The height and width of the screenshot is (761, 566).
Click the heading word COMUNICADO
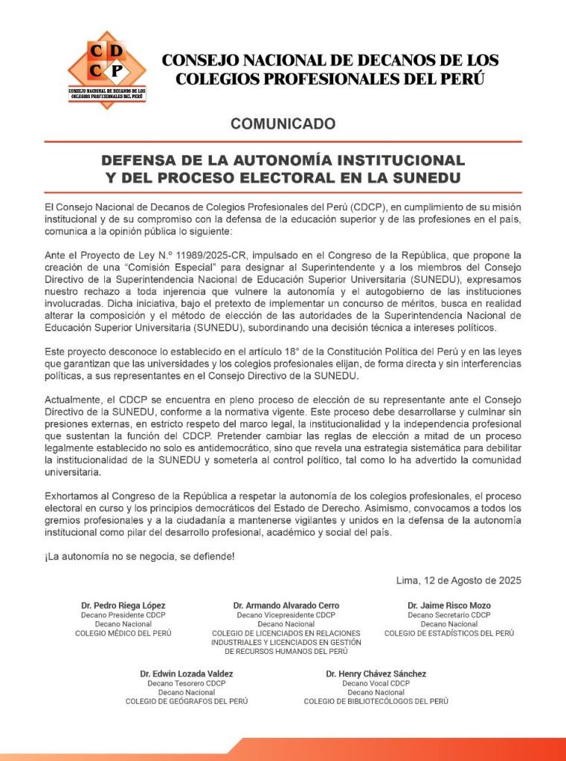pos(283,123)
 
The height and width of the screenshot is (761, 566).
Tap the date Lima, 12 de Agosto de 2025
pos(460,580)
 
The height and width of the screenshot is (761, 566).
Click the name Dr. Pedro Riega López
pos(123,605)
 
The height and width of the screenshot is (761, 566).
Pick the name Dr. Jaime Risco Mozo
pos(448,605)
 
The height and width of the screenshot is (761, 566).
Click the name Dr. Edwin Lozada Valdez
pos(187,673)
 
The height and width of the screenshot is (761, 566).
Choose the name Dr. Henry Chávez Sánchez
pos(376,673)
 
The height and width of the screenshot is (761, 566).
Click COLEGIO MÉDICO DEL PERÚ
pos(123,633)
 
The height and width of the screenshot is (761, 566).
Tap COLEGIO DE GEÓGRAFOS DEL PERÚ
pos(187,701)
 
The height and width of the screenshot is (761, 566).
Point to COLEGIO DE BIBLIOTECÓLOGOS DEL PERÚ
pos(376,701)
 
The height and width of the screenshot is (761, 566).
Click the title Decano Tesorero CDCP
pos(187,683)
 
